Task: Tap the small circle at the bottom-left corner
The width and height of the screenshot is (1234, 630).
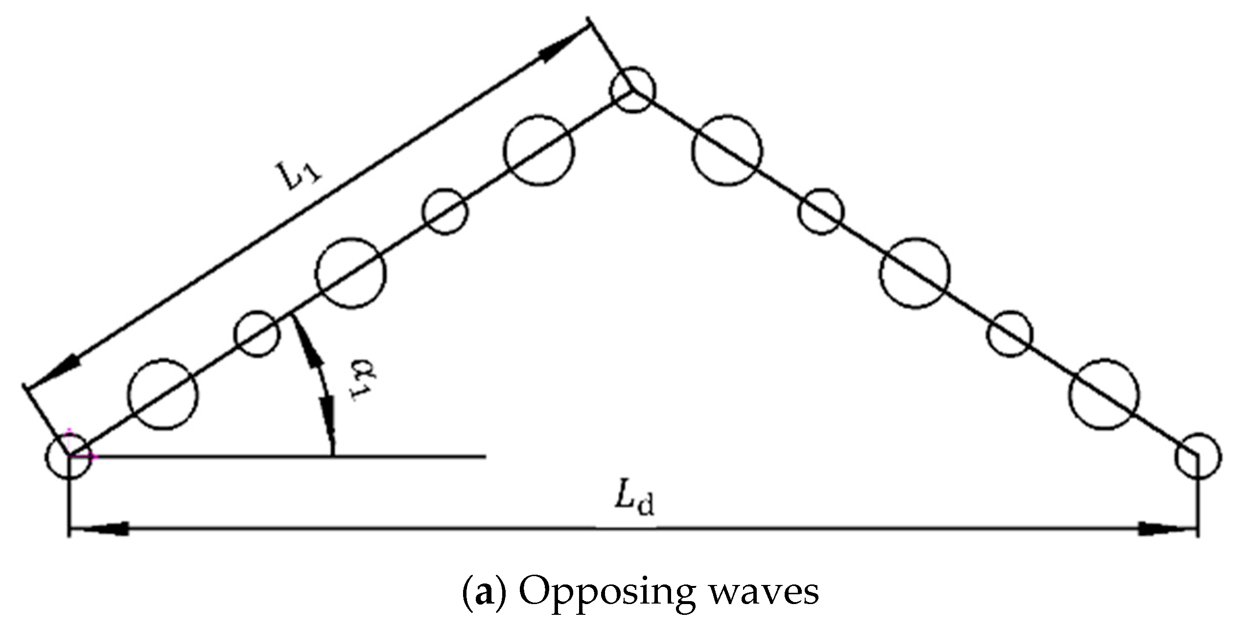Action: [68, 456]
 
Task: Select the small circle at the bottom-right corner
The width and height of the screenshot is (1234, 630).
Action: [1197, 456]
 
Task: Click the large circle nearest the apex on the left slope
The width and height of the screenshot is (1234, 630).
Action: [539, 149]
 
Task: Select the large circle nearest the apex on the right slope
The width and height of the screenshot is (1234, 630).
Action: [727, 150]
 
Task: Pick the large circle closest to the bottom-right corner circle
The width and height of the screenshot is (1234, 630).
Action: [1104, 395]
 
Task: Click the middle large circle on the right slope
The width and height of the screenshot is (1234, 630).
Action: [914, 273]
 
